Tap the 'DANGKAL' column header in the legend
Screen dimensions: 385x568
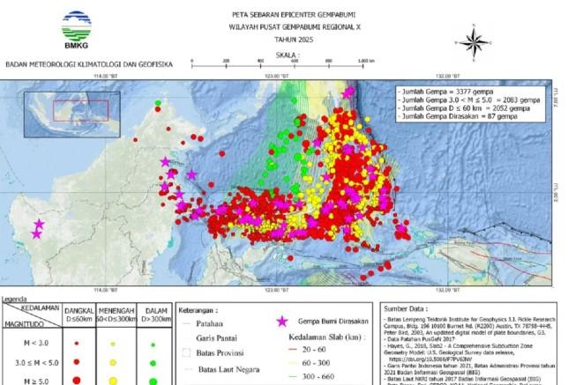click(79, 311)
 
